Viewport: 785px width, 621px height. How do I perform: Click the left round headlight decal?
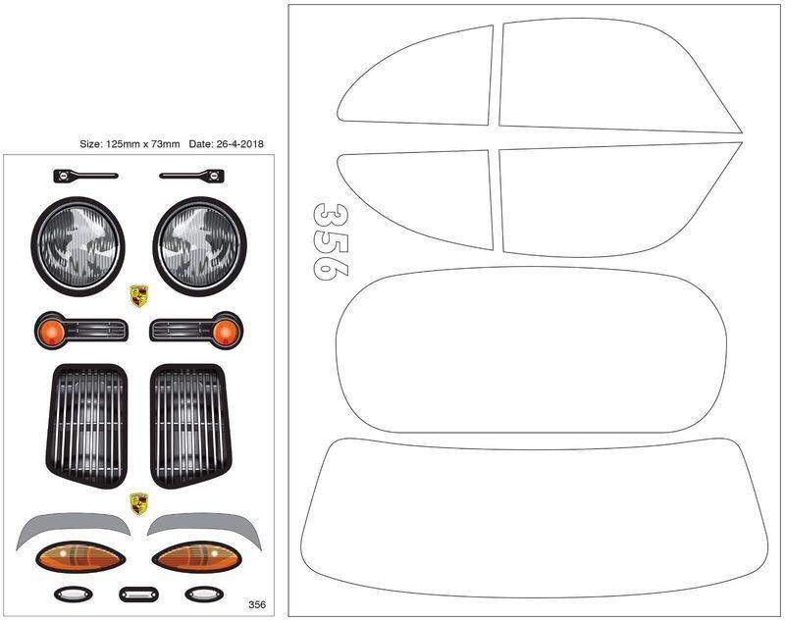click(x=78, y=246)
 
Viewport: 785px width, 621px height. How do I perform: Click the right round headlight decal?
click(x=200, y=246)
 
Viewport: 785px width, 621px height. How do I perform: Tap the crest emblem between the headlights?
click(x=138, y=295)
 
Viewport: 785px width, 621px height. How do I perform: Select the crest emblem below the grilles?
click(x=138, y=504)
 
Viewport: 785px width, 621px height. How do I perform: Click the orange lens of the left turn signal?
click(x=51, y=332)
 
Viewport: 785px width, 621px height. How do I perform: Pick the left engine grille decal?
click(x=86, y=426)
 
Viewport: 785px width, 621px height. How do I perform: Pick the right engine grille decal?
click(x=190, y=426)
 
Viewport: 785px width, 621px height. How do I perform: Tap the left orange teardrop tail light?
click(x=80, y=556)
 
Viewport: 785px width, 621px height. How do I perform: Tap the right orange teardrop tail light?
click(x=197, y=556)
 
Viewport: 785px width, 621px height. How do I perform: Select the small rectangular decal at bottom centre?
click(x=138, y=595)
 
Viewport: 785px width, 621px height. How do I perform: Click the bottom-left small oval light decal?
click(x=73, y=595)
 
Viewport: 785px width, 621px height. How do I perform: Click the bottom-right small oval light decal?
click(x=204, y=595)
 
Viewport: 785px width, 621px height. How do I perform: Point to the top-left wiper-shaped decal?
click(x=85, y=176)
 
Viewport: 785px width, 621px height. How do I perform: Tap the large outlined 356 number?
click(x=331, y=241)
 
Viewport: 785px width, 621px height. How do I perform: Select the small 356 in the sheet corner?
click(x=257, y=604)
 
